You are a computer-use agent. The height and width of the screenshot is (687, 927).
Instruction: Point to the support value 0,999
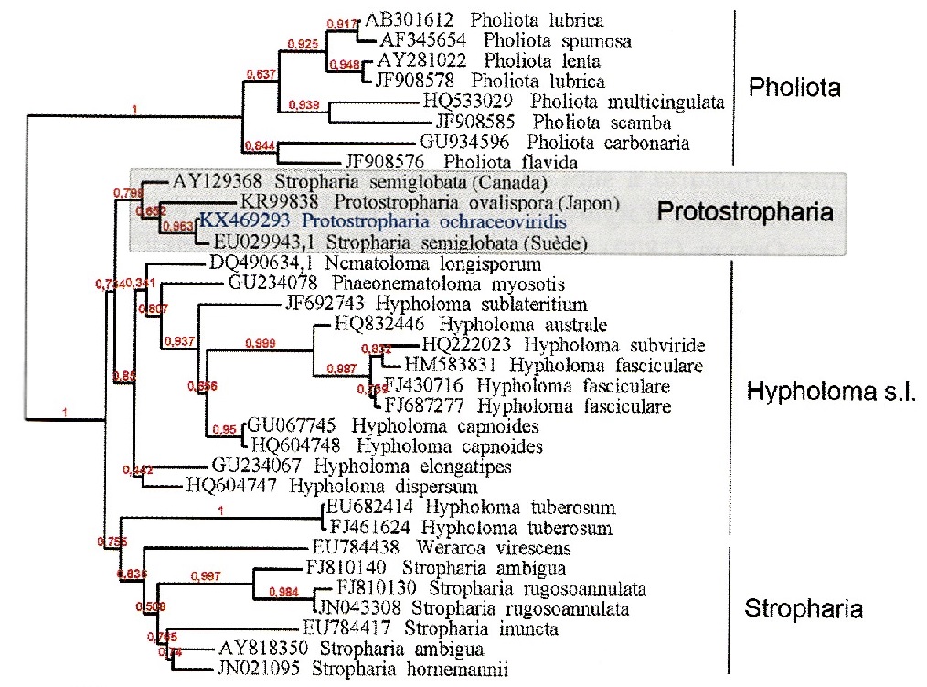[261, 342]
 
